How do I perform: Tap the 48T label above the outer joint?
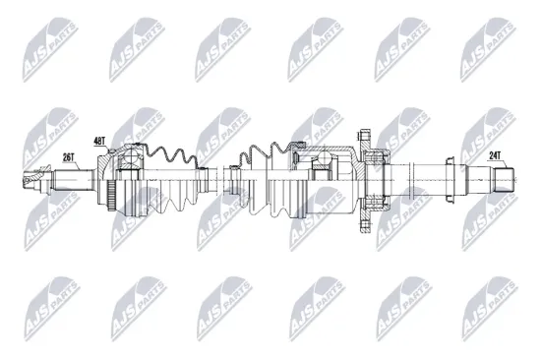click(100, 142)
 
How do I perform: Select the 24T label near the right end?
click(495, 153)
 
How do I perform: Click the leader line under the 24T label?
click(497, 164)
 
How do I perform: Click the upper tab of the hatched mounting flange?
click(363, 138)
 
